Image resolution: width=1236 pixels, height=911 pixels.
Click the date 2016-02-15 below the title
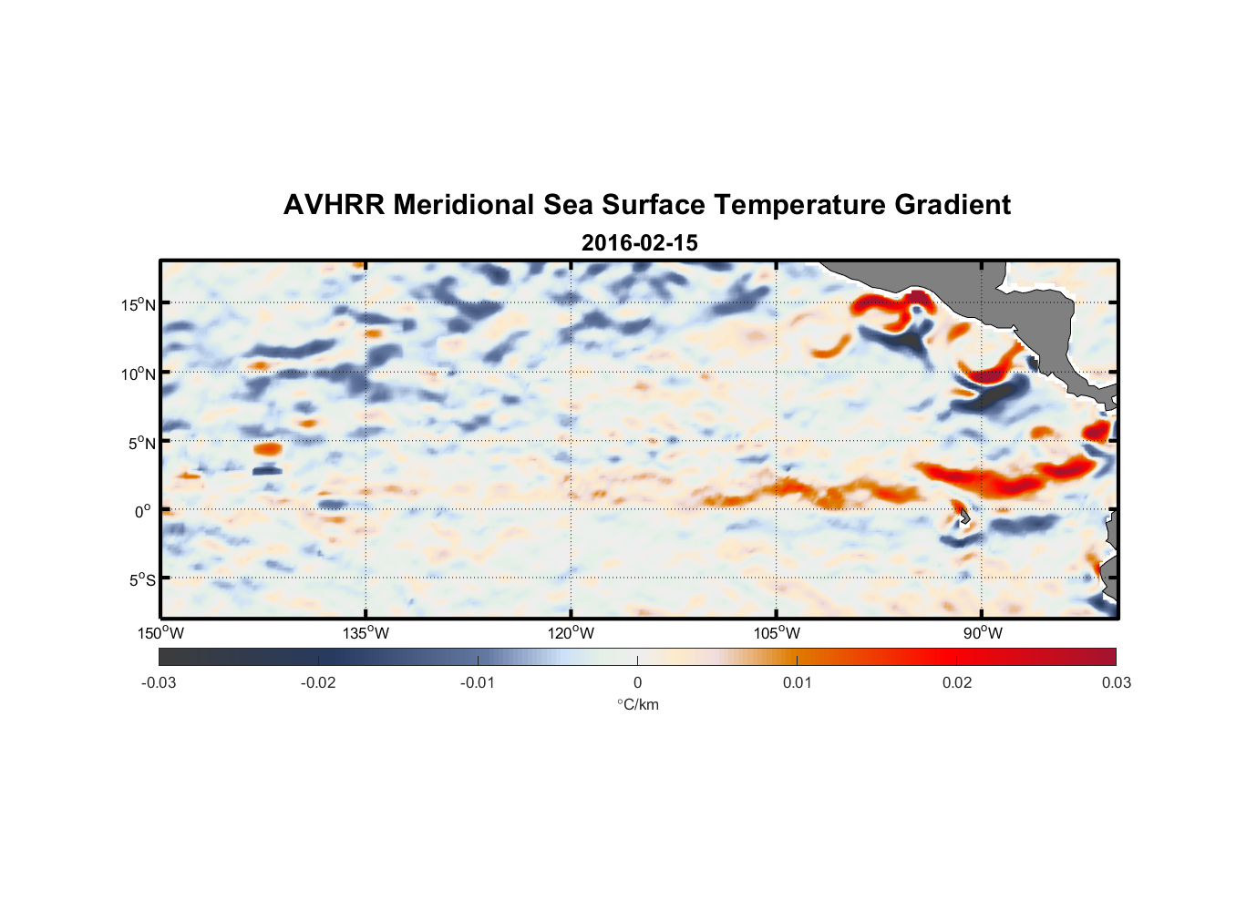coord(639,243)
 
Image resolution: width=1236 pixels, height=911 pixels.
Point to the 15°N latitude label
coord(139,304)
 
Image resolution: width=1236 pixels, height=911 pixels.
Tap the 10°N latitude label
coord(139,374)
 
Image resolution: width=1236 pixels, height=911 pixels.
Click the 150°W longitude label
coord(160,633)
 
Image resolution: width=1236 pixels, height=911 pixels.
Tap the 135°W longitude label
coord(366,633)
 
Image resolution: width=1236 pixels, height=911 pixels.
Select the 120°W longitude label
coord(571,633)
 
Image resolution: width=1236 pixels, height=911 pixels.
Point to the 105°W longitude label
coord(777,633)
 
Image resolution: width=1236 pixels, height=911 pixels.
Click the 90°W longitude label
coord(982,633)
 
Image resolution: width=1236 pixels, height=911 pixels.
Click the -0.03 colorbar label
coord(159,683)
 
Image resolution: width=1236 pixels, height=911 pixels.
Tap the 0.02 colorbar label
coord(957,683)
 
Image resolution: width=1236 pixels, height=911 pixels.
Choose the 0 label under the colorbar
coord(637,683)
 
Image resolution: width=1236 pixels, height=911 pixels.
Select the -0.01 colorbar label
coord(478,683)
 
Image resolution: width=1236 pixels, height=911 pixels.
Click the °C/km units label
coord(638,704)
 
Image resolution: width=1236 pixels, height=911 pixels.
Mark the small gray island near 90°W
coord(964,517)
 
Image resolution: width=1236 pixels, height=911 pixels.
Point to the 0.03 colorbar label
coord(1116,683)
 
